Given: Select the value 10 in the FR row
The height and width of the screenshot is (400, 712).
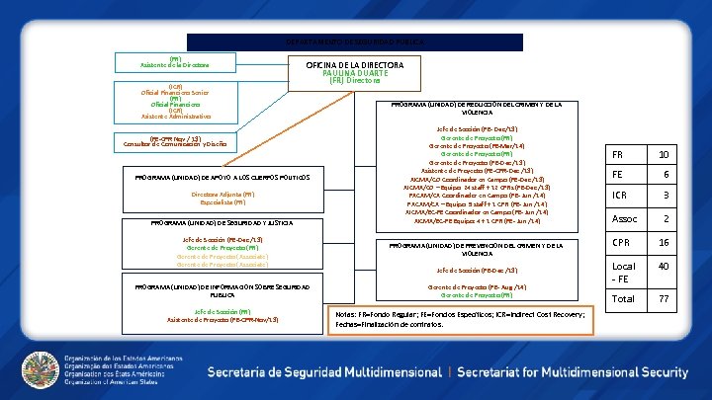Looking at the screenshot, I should click(x=664, y=156).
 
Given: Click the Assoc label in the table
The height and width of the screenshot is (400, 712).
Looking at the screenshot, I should click(x=625, y=218).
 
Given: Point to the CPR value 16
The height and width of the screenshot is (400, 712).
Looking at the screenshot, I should click(x=664, y=242).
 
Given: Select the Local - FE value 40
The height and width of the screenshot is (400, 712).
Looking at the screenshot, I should click(x=664, y=267).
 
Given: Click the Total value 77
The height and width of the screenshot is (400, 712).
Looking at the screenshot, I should click(x=664, y=297).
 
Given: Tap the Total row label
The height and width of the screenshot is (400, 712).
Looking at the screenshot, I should click(x=624, y=297).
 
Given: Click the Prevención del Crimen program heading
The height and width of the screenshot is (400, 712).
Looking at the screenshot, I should click(x=478, y=248).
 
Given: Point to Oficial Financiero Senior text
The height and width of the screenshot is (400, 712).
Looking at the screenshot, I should click(x=175, y=92).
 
